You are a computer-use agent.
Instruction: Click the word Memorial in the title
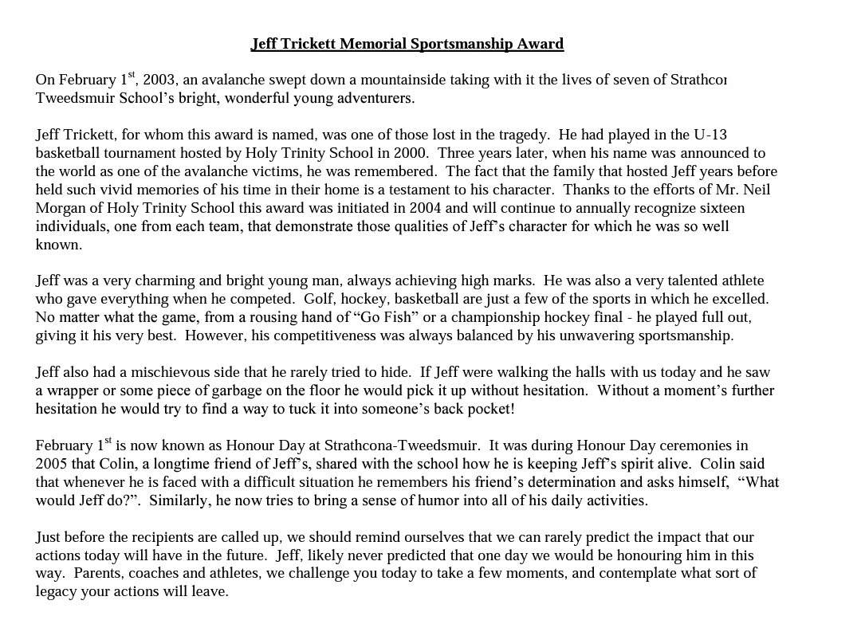373,44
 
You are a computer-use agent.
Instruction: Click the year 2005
52,464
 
